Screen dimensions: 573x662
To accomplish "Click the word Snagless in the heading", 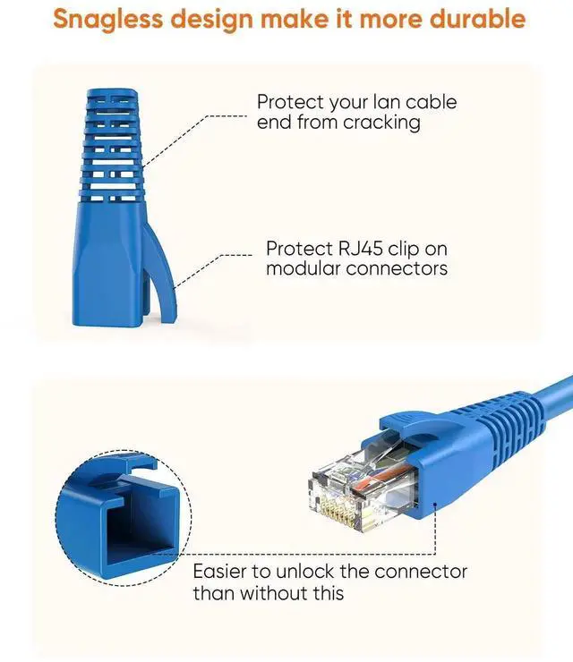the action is coord(107,20).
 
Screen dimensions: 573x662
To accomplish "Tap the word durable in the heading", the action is coord(477,19).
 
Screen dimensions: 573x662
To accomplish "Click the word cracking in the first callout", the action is coord(381,123).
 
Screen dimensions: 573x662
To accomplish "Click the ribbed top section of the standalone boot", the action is coord(111,144).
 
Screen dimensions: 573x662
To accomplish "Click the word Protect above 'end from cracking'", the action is coord(291,103).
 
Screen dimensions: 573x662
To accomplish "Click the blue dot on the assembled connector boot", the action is coord(435,504).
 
